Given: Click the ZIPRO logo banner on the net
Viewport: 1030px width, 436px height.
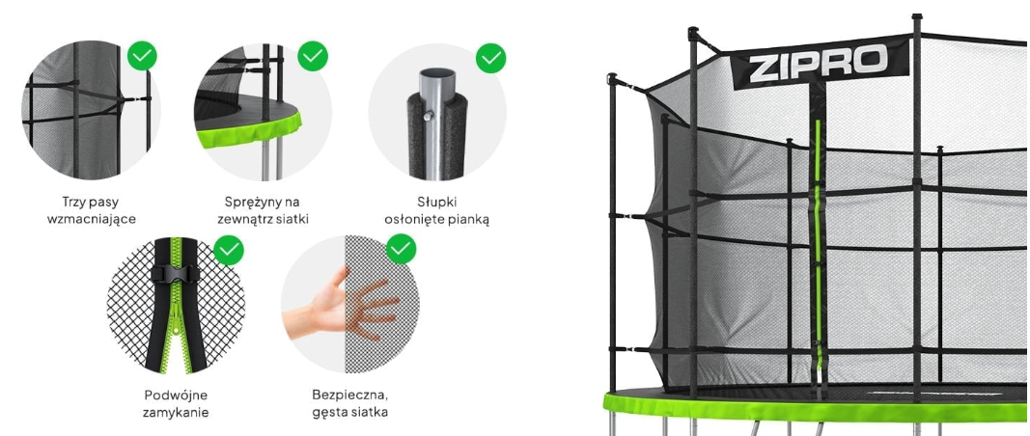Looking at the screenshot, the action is [x=820, y=63].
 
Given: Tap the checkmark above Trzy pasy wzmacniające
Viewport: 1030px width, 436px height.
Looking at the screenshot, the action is [x=142, y=56].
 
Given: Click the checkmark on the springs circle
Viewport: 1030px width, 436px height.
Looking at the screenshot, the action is [x=313, y=56].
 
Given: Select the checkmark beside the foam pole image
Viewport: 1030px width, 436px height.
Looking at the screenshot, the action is [x=490, y=58].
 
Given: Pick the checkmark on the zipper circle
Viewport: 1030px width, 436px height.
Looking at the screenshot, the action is [x=229, y=250].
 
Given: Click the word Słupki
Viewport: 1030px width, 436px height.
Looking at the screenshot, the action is [x=437, y=203].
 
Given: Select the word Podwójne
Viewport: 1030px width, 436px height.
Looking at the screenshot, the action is [x=176, y=395].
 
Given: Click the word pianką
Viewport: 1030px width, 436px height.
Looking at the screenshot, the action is [x=468, y=219].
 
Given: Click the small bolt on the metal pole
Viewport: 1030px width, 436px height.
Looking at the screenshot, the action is [x=429, y=116].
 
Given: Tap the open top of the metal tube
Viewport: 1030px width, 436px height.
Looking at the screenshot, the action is [x=436, y=73].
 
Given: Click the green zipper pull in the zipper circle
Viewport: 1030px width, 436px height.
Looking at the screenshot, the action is [x=174, y=326].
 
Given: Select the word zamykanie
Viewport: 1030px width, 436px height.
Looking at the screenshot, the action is [x=176, y=412].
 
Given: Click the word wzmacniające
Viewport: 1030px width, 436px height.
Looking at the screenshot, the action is [x=92, y=219].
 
